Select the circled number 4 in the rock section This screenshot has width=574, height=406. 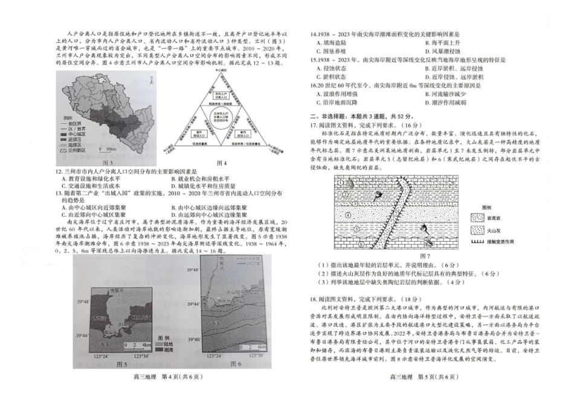click(347, 214)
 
